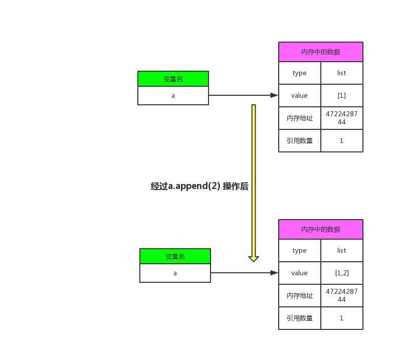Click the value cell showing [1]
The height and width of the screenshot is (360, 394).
tap(341, 95)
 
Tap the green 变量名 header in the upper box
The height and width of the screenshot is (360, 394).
tap(173, 79)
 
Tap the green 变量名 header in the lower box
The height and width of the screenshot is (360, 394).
tap(175, 256)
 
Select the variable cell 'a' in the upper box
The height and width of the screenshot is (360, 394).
tap(173, 95)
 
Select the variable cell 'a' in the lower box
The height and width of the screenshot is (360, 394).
tap(175, 273)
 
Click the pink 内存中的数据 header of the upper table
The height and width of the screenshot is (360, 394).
tap(320, 52)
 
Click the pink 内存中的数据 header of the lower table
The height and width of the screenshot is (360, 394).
tap(320, 229)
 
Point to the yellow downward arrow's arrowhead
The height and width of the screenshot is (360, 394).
tap(254, 259)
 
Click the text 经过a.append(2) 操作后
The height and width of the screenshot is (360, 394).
tap(200, 186)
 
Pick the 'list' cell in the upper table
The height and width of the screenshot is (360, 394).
tap(341, 73)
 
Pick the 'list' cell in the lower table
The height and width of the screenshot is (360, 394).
tap(341, 250)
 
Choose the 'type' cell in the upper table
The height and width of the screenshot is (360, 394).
tap(299, 73)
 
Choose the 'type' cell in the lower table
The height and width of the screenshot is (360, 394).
tap(299, 250)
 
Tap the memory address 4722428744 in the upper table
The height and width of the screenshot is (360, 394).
tap(341, 118)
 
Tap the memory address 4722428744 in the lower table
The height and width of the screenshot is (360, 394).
tap(341, 295)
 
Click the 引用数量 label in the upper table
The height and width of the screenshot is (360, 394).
tap(299, 140)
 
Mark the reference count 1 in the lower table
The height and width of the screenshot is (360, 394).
tap(341, 318)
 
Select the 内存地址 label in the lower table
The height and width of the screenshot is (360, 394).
tap(299, 295)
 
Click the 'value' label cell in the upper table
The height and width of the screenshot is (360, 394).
tap(299, 95)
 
